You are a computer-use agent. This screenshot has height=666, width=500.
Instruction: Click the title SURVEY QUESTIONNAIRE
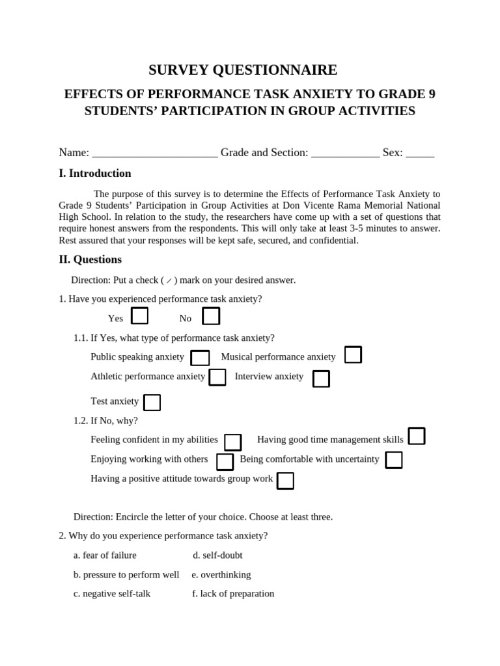tap(243, 70)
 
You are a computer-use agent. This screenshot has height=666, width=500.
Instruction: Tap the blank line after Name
tap(155, 153)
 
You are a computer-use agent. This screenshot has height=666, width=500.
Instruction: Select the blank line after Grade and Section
tap(345, 153)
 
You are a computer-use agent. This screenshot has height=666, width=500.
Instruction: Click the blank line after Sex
tap(420, 153)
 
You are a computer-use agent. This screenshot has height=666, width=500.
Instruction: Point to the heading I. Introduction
tap(95, 174)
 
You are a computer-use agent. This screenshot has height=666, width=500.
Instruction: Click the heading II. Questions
tap(90, 260)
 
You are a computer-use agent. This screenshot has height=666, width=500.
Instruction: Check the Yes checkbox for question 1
tap(139, 316)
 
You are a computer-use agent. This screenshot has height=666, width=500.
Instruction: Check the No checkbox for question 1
tap(211, 316)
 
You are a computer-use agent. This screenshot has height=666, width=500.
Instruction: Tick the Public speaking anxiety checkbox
tap(200, 358)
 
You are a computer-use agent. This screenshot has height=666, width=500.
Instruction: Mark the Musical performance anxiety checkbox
tap(353, 355)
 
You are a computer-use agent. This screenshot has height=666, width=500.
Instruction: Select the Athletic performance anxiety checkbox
tap(217, 377)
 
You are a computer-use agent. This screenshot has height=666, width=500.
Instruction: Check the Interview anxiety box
tap(321, 379)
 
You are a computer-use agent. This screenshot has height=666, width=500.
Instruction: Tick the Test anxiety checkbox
tap(152, 403)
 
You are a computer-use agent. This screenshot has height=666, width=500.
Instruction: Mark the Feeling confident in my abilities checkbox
tap(232, 442)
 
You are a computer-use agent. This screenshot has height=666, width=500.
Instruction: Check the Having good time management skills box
tap(417, 436)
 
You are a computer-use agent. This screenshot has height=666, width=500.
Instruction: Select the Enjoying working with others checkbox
tap(225, 462)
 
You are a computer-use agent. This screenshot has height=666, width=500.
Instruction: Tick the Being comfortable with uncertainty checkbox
tap(393, 460)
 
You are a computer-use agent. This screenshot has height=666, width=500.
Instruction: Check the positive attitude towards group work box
tap(285, 481)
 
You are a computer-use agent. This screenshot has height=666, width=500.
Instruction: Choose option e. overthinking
tap(221, 575)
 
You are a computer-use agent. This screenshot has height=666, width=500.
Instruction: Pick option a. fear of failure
tap(105, 555)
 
